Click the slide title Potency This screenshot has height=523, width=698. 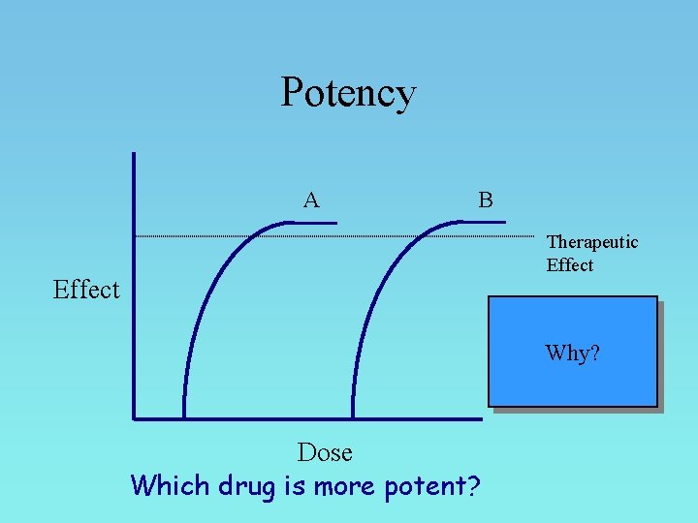(348, 93)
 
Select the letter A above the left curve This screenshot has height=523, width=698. (310, 200)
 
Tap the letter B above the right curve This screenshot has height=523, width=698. (486, 200)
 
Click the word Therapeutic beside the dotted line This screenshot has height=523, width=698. (592, 242)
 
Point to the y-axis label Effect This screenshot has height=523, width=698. (87, 290)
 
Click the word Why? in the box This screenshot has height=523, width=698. (572, 353)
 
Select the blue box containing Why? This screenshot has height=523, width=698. (572, 383)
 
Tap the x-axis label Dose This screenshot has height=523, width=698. (325, 452)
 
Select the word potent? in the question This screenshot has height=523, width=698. (432, 484)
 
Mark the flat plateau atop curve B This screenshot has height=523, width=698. (481, 222)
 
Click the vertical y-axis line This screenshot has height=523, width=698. (134, 291)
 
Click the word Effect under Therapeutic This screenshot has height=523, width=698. (570, 265)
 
